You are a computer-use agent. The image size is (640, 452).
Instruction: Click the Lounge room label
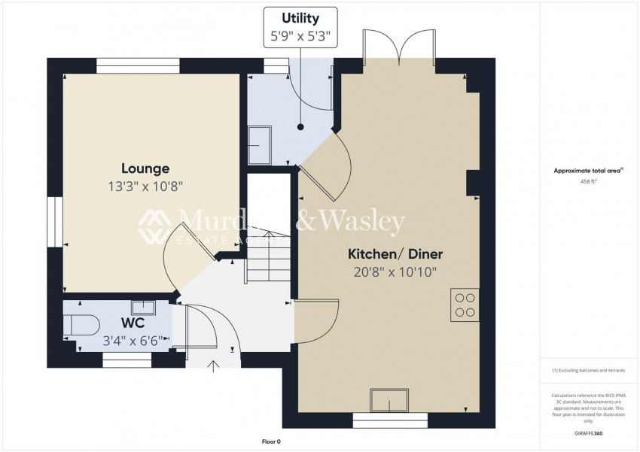click(x=145, y=168)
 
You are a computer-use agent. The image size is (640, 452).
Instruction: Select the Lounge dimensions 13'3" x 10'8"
click(x=145, y=185)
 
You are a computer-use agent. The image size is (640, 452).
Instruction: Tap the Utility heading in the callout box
click(x=300, y=18)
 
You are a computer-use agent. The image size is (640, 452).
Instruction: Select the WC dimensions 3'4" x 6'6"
click(x=133, y=339)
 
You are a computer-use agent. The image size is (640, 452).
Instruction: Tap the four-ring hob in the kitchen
click(x=465, y=305)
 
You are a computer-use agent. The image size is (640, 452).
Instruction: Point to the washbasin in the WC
click(x=143, y=306)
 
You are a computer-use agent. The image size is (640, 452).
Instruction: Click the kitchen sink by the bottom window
click(x=389, y=400)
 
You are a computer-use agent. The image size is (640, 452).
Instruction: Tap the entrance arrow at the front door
click(x=213, y=366)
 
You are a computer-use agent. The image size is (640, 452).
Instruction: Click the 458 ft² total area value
click(x=587, y=181)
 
